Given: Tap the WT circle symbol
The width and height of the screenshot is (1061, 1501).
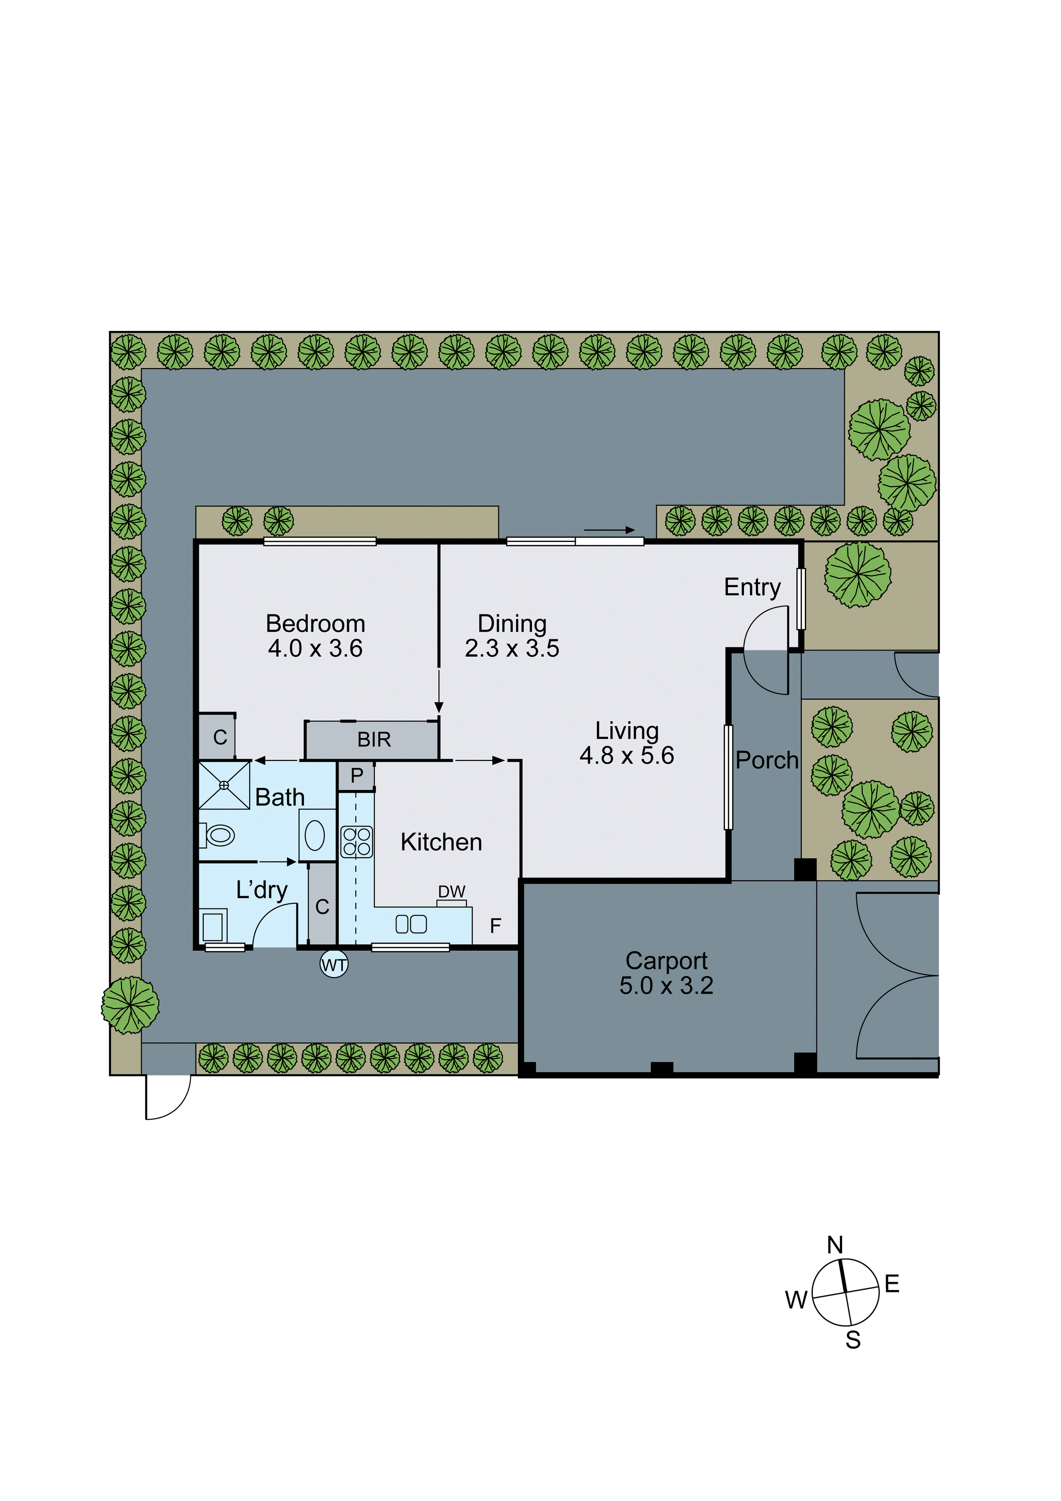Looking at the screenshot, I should pos(334,965).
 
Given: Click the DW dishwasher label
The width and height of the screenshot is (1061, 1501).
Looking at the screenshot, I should pos(452,892).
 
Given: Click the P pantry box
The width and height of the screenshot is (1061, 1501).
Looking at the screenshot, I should pos(356,776).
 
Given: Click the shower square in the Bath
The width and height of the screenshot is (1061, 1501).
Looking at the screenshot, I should pos(224,785).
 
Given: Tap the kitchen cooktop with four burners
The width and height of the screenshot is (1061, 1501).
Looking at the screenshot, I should pos(357,842).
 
